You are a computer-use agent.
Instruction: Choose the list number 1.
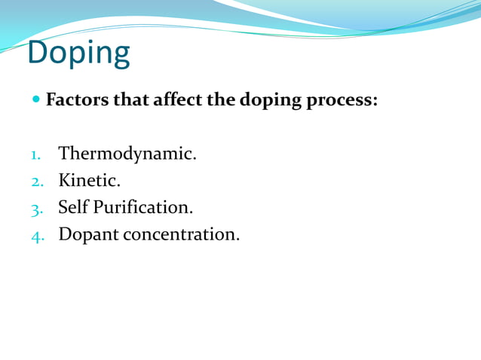(x=35, y=155)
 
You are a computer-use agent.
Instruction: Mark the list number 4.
(x=35, y=235)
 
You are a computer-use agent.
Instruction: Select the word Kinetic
(x=89, y=181)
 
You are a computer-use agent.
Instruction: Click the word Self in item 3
(x=73, y=207)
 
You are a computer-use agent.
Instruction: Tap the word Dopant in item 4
(x=88, y=235)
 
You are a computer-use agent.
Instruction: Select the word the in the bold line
(x=220, y=99)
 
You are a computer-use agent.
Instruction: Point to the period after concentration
(x=238, y=239)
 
